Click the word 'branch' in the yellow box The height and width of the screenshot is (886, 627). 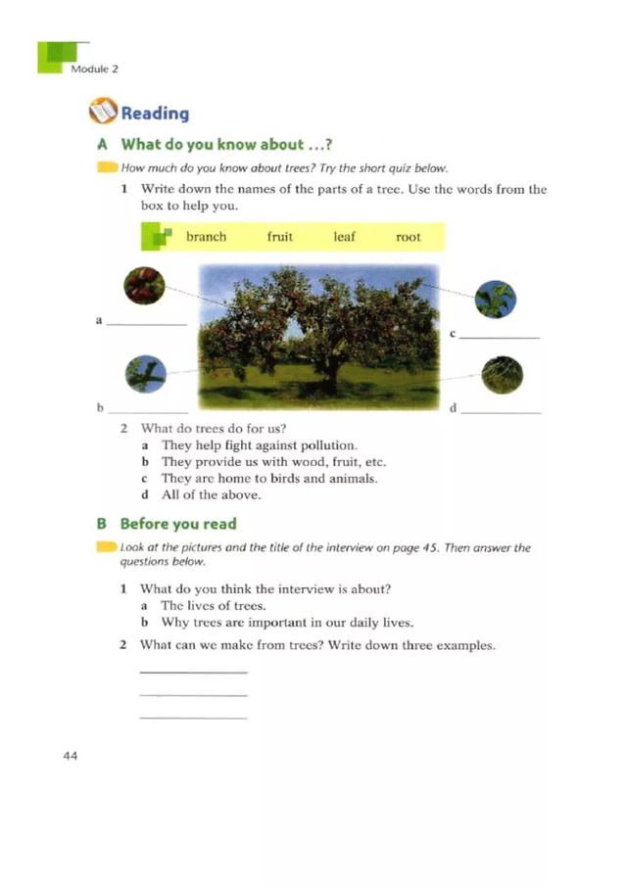pyautogui.click(x=206, y=237)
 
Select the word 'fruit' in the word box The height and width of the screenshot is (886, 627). pyautogui.click(x=279, y=237)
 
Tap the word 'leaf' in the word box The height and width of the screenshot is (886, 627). pyautogui.click(x=344, y=237)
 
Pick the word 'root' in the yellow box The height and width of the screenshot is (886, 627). pyautogui.click(x=408, y=237)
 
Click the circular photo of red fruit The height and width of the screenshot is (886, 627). pyautogui.click(x=145, y=288)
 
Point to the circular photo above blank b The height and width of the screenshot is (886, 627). pyautogui.click(x=147, y=374)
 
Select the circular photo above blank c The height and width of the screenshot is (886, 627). pyautogui.click(x=495, y=299)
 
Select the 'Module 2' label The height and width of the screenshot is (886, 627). pyautogui.click(x=94, y=69)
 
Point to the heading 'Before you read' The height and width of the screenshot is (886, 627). pyautogui.click(x=178, y=524)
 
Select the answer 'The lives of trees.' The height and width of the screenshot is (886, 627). pyautogui.click(x=200, y=606)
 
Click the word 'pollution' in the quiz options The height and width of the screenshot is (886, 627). pyautogui.click(x=326, y=445)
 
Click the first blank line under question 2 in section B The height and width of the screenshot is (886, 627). pyautogui.click(x=193, y=673)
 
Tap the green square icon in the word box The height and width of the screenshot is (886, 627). pyautogui.click(x=158, y=237)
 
